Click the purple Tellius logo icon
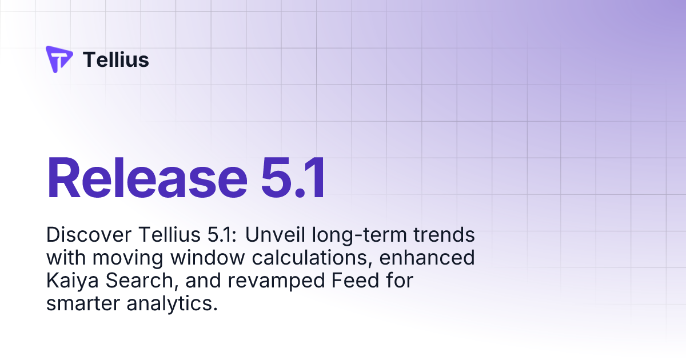click(x=59, y=59)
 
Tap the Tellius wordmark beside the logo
click(x=116, y=59)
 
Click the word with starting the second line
click(x=64, y=258)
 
